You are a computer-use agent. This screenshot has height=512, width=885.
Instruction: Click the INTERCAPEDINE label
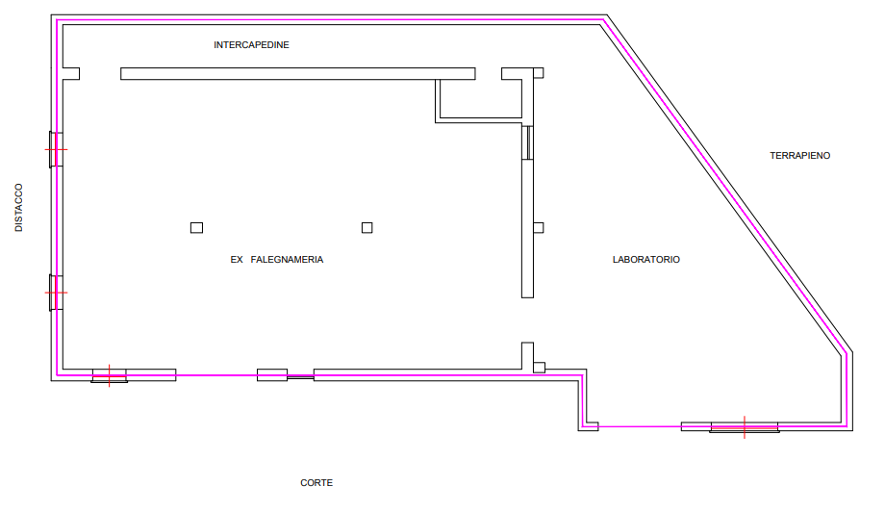[251, 45]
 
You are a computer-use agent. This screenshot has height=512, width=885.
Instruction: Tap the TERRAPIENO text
[799, 155]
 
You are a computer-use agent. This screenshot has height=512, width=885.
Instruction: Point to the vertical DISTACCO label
[18, 207]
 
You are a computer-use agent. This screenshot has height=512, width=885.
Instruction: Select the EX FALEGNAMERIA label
[277, 260]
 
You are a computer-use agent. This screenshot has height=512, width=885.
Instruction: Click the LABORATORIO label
[646, 260]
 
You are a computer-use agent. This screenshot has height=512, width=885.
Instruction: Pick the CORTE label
[316, 482]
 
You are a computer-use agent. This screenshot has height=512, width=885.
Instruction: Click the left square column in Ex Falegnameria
[196, 227]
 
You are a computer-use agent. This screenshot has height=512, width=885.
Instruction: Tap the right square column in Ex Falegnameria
[367, 227]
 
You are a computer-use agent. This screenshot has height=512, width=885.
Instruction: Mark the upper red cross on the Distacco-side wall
[56, 149]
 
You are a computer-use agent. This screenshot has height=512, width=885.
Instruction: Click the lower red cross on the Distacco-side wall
[56, 291]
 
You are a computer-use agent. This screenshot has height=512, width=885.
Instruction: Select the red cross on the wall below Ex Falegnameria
[111, 374]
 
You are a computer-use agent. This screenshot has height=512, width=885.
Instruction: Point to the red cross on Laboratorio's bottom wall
[745, 425]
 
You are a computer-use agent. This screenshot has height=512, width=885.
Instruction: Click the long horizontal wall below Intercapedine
[298, 74]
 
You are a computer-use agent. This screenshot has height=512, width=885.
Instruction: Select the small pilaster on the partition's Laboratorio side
[539, 227]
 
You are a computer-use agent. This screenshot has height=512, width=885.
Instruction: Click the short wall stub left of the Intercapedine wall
[71, 74]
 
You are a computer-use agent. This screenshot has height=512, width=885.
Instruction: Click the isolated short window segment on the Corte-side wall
[272, 374]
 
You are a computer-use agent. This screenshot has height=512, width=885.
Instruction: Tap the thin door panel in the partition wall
[527, 142]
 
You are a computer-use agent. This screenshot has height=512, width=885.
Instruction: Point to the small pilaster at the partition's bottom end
[540, 367]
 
